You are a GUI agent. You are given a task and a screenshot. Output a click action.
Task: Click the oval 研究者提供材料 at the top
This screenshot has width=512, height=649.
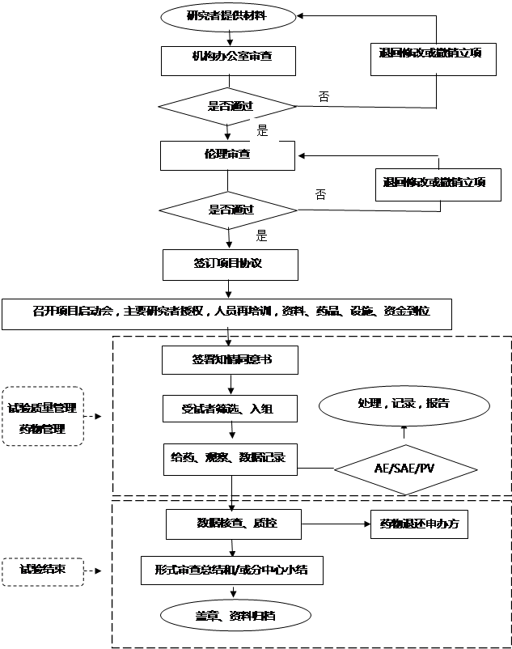coord(228,15)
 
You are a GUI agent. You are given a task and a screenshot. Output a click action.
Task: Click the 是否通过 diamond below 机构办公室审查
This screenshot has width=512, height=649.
coord(227,106)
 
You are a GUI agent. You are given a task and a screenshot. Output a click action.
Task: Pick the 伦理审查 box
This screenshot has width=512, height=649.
coord(227,155)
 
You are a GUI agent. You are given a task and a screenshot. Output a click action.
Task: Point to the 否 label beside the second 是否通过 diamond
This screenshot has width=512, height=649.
coord(321,194)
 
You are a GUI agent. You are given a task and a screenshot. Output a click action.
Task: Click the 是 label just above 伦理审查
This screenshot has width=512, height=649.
coord(263,129)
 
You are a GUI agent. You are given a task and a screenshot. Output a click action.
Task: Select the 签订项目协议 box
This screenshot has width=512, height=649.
coord(230,264)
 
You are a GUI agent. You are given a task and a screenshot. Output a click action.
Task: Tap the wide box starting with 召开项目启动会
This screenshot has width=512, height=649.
coord(226,313)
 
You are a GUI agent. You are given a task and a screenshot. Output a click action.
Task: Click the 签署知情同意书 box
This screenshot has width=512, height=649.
coord(230,361)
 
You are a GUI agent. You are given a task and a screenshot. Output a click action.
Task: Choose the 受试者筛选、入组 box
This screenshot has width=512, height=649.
coord(230,409)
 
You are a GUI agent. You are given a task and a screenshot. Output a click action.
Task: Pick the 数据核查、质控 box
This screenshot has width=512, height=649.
coord(234,524)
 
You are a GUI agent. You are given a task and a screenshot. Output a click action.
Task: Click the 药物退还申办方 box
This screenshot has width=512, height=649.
coord(419,524)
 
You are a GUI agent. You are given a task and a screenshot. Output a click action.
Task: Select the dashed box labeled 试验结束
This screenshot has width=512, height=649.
coord(43,571)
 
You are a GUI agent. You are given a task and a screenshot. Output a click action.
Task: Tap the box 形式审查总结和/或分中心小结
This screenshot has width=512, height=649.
coord(233,571)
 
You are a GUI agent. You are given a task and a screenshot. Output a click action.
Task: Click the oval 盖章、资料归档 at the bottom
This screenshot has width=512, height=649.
coord(235,616)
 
